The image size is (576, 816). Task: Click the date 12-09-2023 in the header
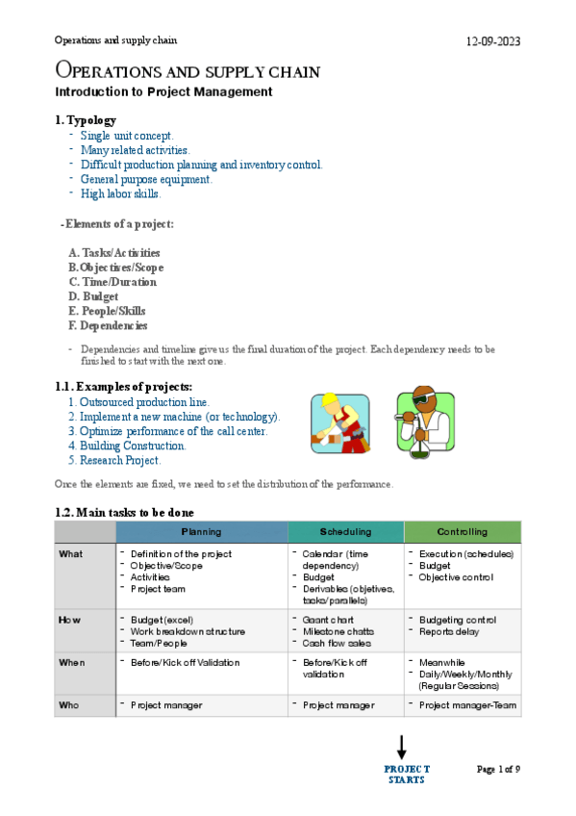pyautogui.click(x=493, y=42)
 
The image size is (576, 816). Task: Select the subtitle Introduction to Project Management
pyautogui.click(x=163, y=92)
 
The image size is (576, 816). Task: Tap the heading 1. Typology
pyautogui.click(x=86, y=120)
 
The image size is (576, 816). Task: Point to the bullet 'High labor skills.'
pyautogui.click(x=120, y=193)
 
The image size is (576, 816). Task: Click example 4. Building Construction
pyautogui.click(x=126, y=446)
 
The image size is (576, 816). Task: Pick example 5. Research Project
pyautogui.click(x=113, y=460)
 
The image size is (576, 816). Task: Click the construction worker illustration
pyautogui.click(x=338, y=422)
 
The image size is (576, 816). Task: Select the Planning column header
pyautogui.click(x=201, y=531)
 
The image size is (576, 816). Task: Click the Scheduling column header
pyautogui.click(x=345, y=531)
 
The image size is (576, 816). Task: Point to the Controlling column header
pyautogui.click(x=462, y=531)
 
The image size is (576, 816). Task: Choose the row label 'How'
pyautogui.click(x=71, y=620)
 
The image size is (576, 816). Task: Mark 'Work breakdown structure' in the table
pyautogui.click(x=188, y=631)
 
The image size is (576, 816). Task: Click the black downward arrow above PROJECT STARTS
pyautogui.click(x=402, y=748)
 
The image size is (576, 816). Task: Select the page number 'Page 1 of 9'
pyautogui.click(x=498, y=769)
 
